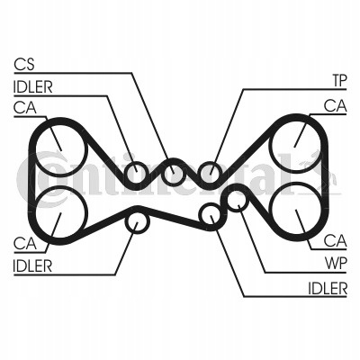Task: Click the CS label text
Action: (24, 65)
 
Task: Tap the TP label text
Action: (339, 81)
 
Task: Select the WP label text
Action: (336, 264)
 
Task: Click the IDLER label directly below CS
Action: (32, 87)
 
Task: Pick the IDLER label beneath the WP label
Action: (328, 288)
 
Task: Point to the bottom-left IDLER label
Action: (32, 265)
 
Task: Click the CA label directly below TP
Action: (336, 106)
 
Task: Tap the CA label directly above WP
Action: (336, 241)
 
